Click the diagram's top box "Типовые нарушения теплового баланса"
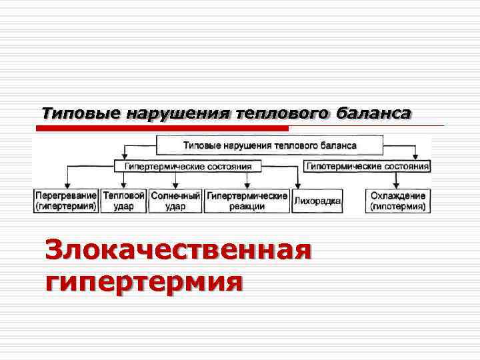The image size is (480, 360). coord(269,145)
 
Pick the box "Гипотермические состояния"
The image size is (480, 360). coord(367,166)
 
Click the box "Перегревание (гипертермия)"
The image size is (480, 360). coord(66,201)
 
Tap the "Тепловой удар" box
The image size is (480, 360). coord(123,201)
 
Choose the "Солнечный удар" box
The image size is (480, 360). coord(175,201)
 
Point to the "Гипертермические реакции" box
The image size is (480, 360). coord(247,201)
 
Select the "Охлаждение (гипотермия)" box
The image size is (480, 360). coord(397,201)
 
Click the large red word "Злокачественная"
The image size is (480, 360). coord(178,252)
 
